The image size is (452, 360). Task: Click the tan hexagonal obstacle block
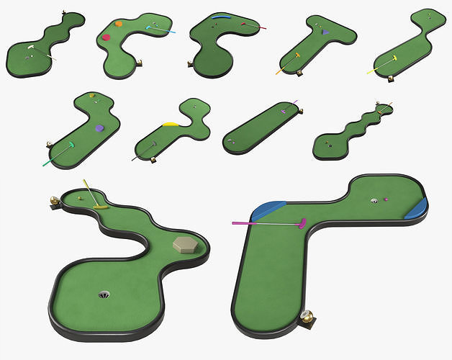click(185, 244)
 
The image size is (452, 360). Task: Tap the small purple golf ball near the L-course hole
click(386, 199)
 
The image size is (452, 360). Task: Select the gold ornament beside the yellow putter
click(54, 200)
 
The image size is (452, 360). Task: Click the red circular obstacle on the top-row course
click(107, 37)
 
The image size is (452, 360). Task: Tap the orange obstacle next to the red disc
click(118, 24)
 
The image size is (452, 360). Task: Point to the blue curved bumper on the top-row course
click(222, 15)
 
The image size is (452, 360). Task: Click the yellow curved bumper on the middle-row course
click(171, 124)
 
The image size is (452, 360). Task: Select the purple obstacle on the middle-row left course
click(99, 128)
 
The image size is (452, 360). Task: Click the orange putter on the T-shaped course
click(289, 62)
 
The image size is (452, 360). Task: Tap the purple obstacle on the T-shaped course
click(325, 32)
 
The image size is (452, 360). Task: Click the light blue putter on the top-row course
click(162, 30)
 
